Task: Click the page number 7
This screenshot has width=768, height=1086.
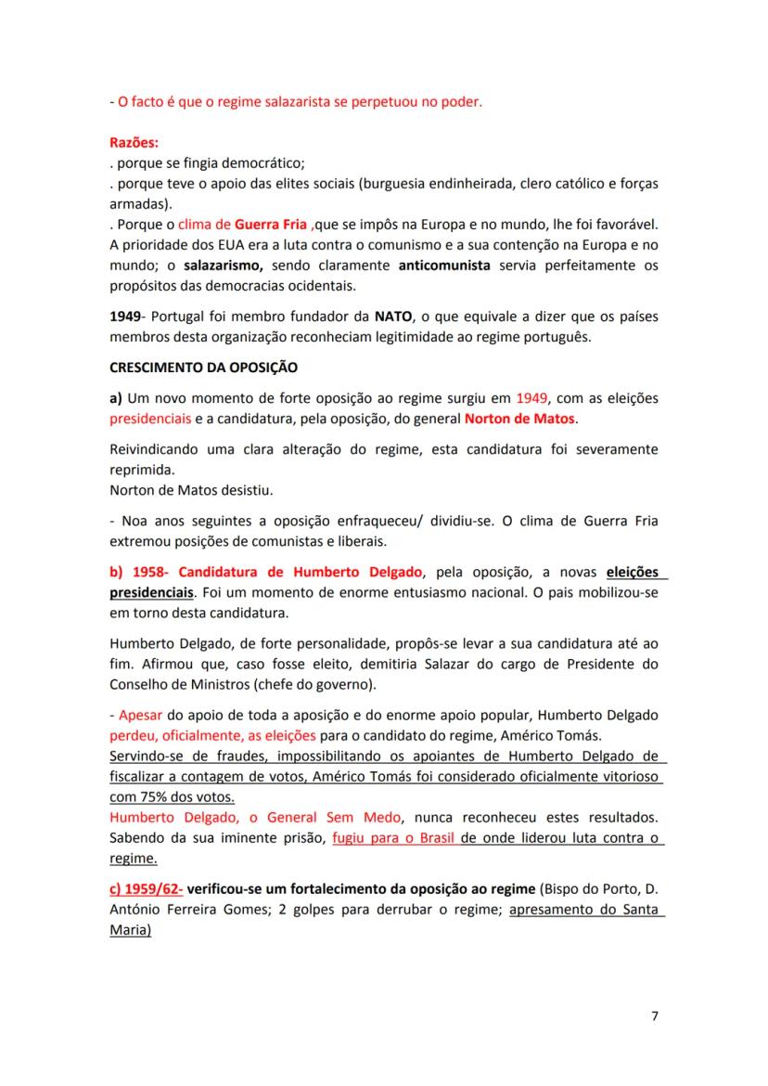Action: (655, 1016)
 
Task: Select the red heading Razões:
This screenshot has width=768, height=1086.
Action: (134, 144)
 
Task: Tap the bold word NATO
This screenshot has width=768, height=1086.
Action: (391, 316)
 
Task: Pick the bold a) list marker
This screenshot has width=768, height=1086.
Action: (116, 399)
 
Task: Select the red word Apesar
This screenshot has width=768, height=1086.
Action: (140, 716)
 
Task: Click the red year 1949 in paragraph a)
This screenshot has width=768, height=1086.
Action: (533, 399)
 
